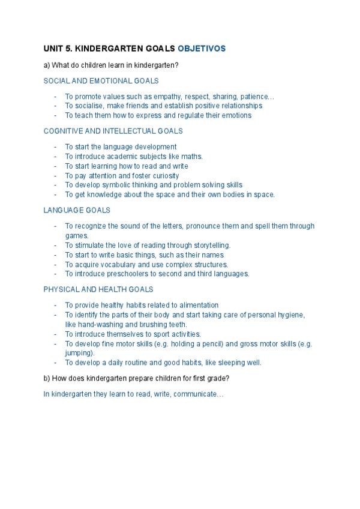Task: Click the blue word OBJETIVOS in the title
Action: tap(202, 47)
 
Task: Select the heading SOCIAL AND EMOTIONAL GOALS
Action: tap(101, 80)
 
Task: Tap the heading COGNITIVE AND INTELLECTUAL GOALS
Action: tap(113, 131)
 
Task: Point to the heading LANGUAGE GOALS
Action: tap(76, 211)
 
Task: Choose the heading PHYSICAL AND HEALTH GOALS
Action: tap(98, 289)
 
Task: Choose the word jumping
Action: tap(79, 354)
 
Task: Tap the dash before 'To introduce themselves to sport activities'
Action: tap(55, 334)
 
